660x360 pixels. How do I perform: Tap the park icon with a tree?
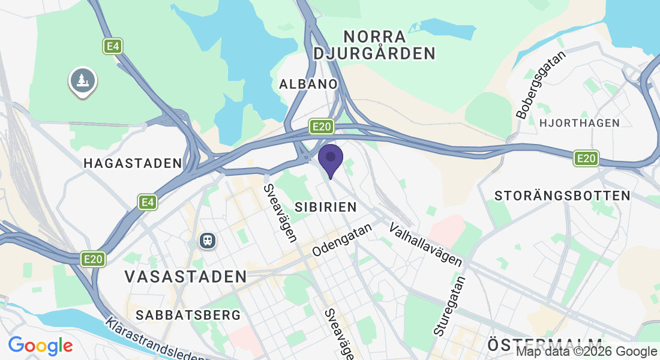[x=83, y=80]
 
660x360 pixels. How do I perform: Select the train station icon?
[x=208, y=241]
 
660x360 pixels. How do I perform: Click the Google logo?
[x=40, y=346]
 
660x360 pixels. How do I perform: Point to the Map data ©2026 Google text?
[x=586, y=352]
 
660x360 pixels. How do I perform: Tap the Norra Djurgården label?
[x=374, y=44]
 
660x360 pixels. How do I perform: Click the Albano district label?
[x=308, y=84]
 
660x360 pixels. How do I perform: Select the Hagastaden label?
[x=133, y=163]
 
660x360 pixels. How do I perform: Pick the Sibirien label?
[x=326, y=207]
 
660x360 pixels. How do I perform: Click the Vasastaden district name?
[x=186, y=277]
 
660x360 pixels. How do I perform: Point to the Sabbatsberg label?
[x=188, y=315]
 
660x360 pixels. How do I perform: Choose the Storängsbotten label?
[x=562, y=196]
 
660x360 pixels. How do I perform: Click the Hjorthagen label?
[x=580, y=123]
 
